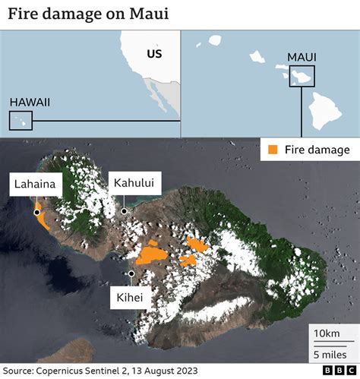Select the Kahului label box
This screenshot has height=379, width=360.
[134, 182]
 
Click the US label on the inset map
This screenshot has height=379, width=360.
[155, 54]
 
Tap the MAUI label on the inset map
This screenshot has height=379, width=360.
[302, 58]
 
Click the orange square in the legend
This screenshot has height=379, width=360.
[272, 150]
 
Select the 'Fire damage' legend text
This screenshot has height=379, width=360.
[317, 150]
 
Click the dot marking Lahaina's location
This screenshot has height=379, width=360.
[36, 213]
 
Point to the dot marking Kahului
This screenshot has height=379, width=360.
[123, 211]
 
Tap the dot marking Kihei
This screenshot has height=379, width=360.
[131, 273]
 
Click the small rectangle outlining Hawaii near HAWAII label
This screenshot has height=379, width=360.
[21, 120]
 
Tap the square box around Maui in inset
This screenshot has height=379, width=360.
[302, 77]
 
